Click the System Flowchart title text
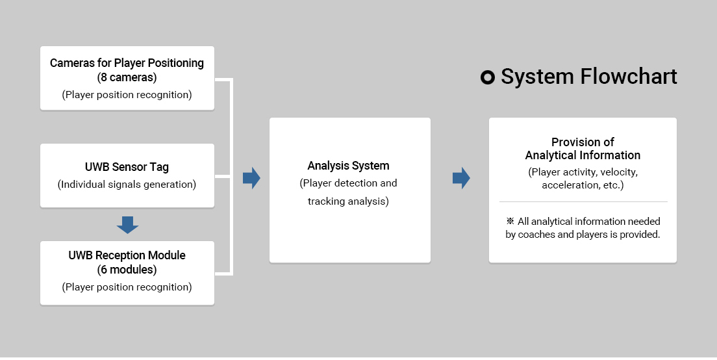tap(588, 77)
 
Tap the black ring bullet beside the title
tap(488, 77)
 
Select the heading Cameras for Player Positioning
tap(127, 63)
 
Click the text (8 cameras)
tap(127, 77)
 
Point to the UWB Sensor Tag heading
tap(127, 167)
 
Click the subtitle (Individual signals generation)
tap(127, 185)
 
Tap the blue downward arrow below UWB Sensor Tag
tap(127, 225)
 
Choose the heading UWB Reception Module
tap(127, 255)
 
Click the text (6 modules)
tap(127, 270)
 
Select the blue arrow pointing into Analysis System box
tap(251, 178)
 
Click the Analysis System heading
tap(349, 166)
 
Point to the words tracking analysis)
tap(349, 201)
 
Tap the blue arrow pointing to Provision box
tap(461, 178)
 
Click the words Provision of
tap(583, 142)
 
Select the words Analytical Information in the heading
tap(583, 155)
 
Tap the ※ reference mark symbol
tap(510, 222)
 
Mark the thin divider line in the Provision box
tap(583, 201)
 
